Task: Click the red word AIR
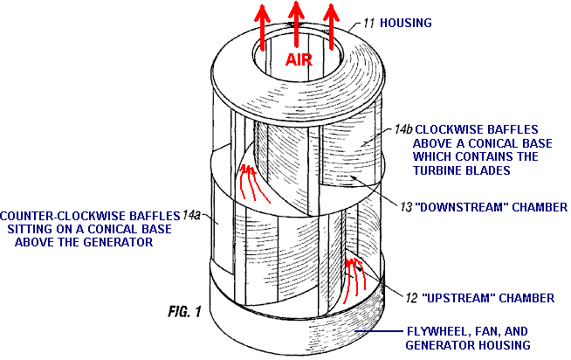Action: click(x=300, y=59)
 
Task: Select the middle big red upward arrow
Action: click(x=297, y=22)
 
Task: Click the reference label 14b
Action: click(x=402, y=129)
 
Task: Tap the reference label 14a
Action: click(x=195, y=214)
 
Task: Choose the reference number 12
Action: click(x=412, y=298)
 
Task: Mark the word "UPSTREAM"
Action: click(x=458, y=298)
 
